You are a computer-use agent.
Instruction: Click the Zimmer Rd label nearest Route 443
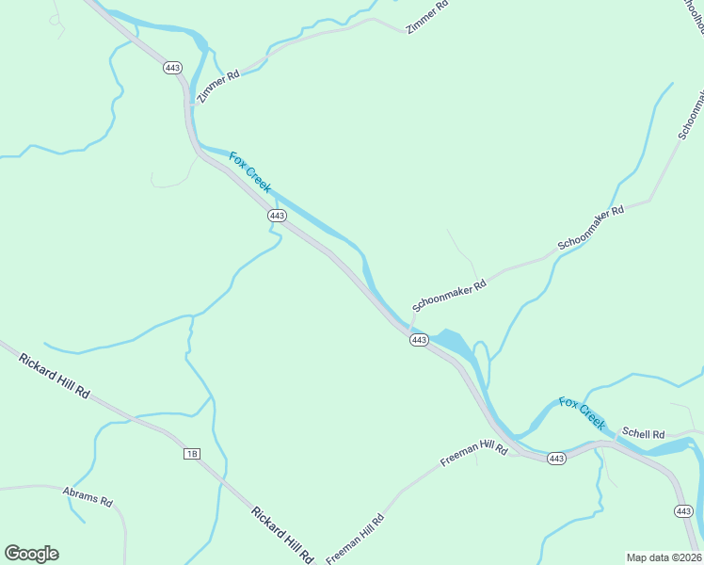coord(218,85)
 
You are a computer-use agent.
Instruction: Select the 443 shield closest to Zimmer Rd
coord(172,68)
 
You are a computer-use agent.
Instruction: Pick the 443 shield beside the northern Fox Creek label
coord(277,216)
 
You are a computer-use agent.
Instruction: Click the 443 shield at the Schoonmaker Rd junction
coord(420,339)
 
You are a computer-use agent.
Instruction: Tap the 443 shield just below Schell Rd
coord(556,459)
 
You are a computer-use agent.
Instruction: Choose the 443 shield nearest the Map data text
coord(684,510)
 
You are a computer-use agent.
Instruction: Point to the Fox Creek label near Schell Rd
coord(582,414)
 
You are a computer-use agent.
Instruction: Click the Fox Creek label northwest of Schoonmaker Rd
coord(250,172)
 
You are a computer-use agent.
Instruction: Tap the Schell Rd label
coord(644,434)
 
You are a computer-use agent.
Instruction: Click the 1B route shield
coord(192,454)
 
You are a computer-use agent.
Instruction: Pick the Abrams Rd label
coord(88,496)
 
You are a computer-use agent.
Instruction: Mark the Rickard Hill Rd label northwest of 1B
coord(55,375)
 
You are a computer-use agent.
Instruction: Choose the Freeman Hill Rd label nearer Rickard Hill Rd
coord(356,539)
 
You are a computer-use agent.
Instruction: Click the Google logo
coord(31,554)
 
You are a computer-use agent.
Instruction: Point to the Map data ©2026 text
coord(663,557)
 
